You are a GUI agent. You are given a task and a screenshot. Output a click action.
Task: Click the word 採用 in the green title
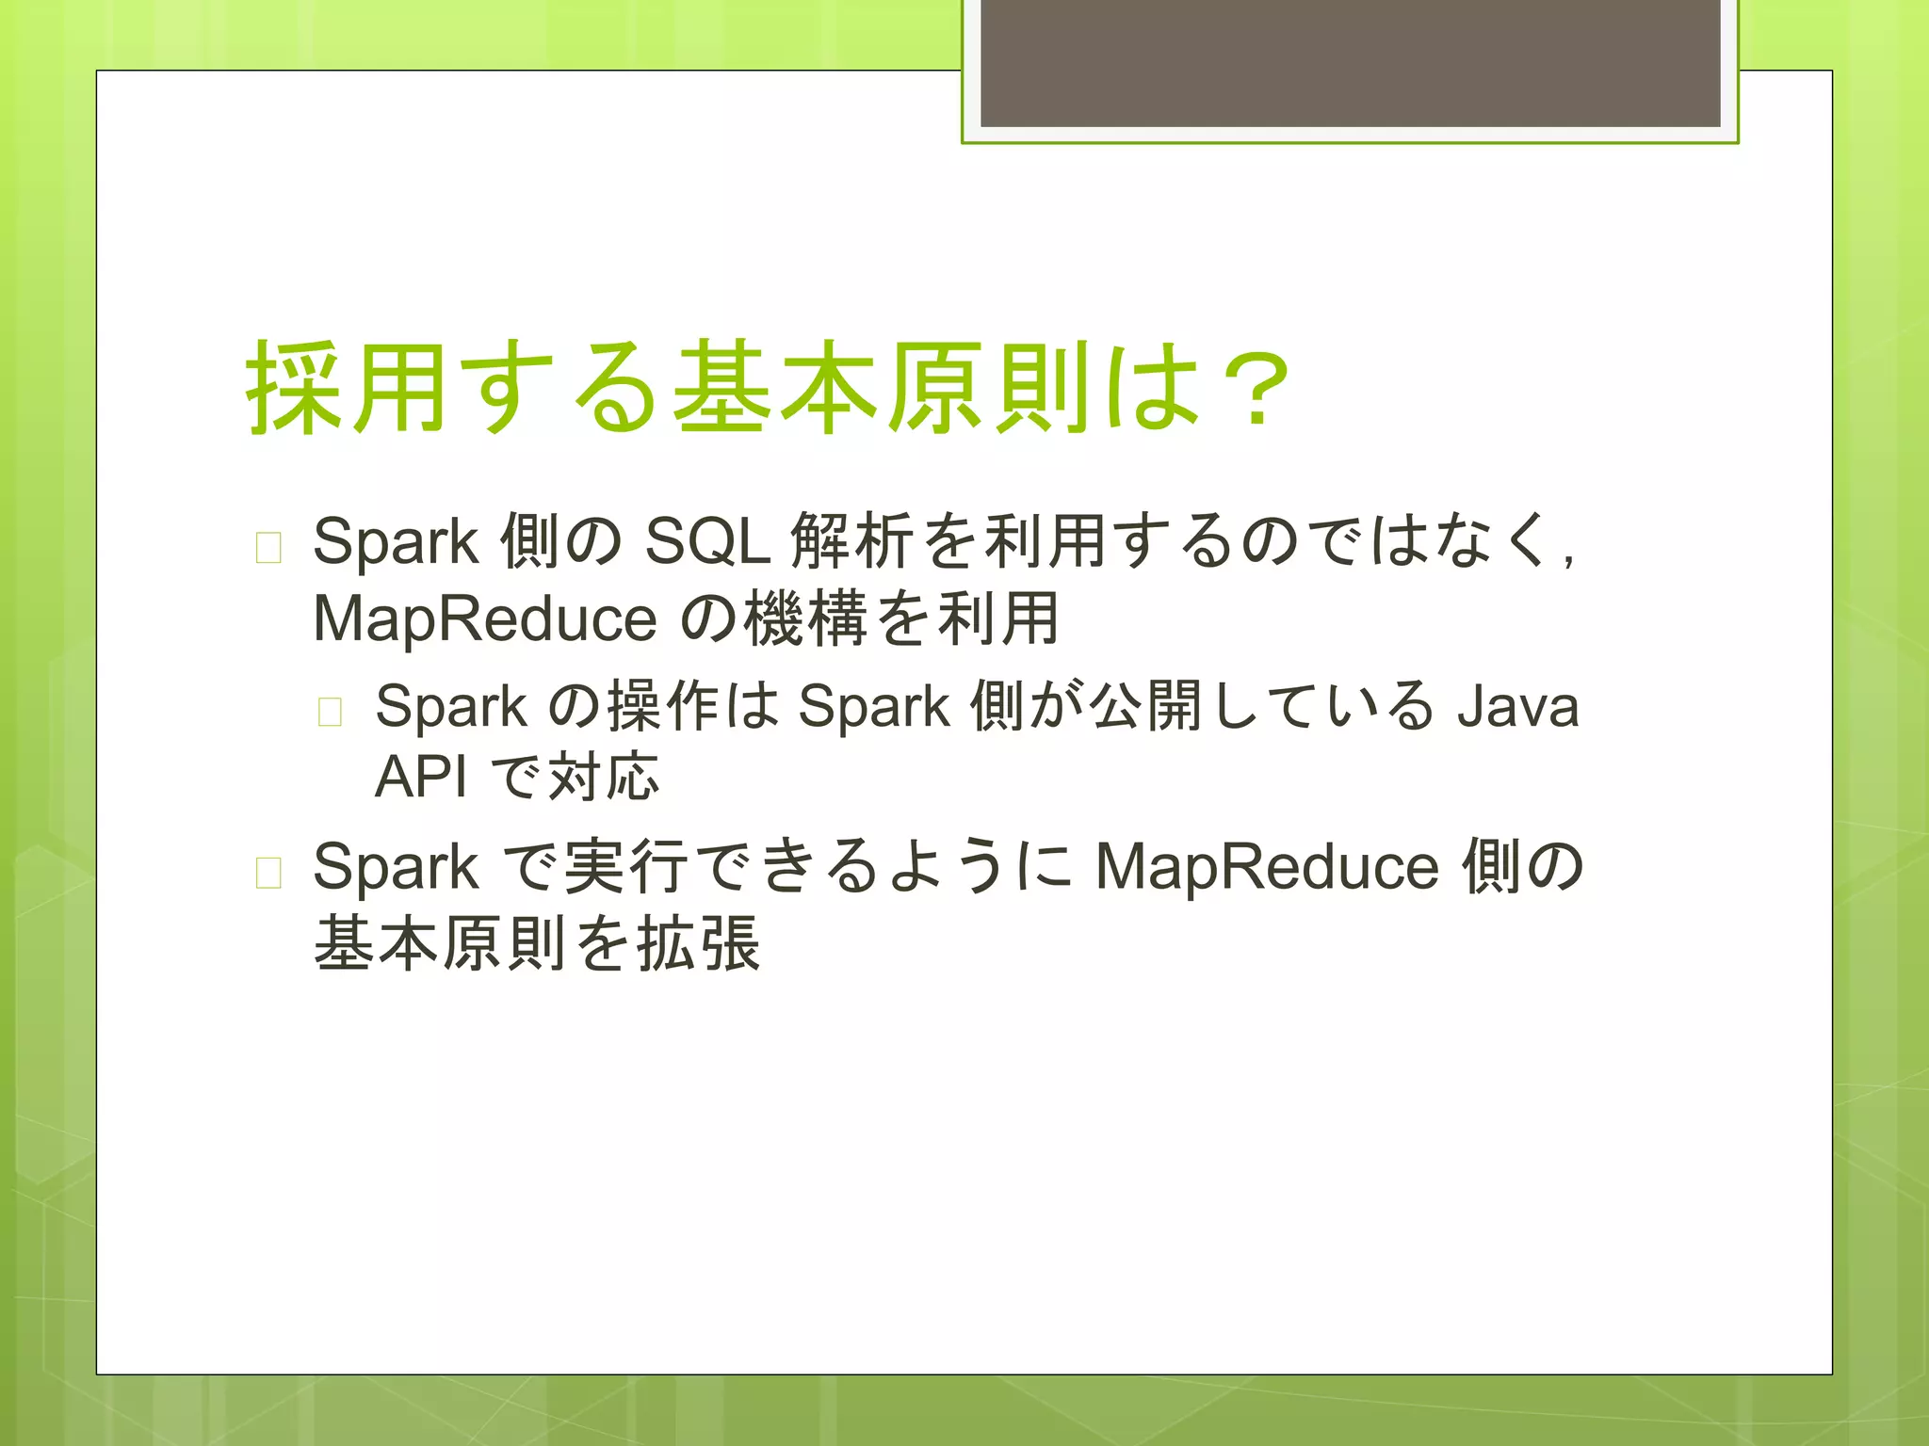[x=345, y=389]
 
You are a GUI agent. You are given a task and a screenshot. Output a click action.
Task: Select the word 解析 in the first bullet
[x=851, y=541]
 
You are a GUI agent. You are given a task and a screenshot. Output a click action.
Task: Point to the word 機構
[x=805, y=619]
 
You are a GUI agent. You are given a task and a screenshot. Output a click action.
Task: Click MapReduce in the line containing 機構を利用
[x=484, y=619]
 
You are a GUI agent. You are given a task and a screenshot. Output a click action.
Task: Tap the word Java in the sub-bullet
[x=1517, y=706]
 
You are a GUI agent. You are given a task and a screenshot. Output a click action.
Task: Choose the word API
[x=420, y=777]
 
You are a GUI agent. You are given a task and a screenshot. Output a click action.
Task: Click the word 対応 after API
[x=603, y=777]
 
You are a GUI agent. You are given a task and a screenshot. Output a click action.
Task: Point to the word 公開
[x=1144, y=706]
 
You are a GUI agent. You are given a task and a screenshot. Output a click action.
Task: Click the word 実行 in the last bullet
[x=625, y=866]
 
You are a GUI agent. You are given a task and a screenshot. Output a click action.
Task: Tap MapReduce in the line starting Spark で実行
[x=1267, y=866]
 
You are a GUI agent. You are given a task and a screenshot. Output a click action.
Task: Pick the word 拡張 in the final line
[x=698, y=943]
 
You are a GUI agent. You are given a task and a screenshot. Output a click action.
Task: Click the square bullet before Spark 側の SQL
[x=268, y=547]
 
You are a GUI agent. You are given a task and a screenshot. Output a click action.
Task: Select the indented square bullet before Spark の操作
[x=330, y=712]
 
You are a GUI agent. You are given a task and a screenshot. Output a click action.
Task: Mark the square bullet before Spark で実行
[x=268, y=873]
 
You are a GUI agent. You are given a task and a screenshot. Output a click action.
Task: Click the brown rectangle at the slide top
[x=1350, y=62]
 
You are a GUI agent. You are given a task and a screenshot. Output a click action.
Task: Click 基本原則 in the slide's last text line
[x=440, y=943]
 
